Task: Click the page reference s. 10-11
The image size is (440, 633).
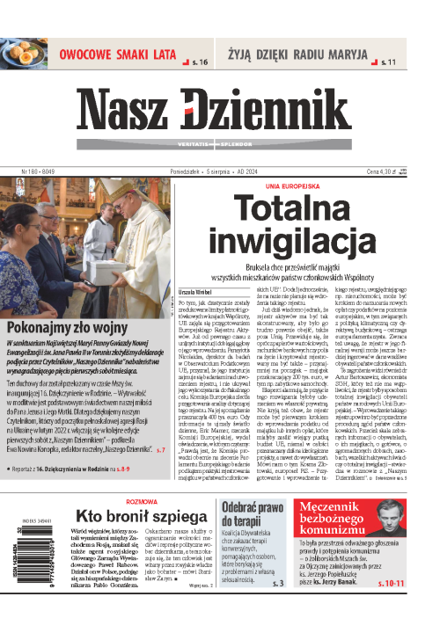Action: pos(414,607)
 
